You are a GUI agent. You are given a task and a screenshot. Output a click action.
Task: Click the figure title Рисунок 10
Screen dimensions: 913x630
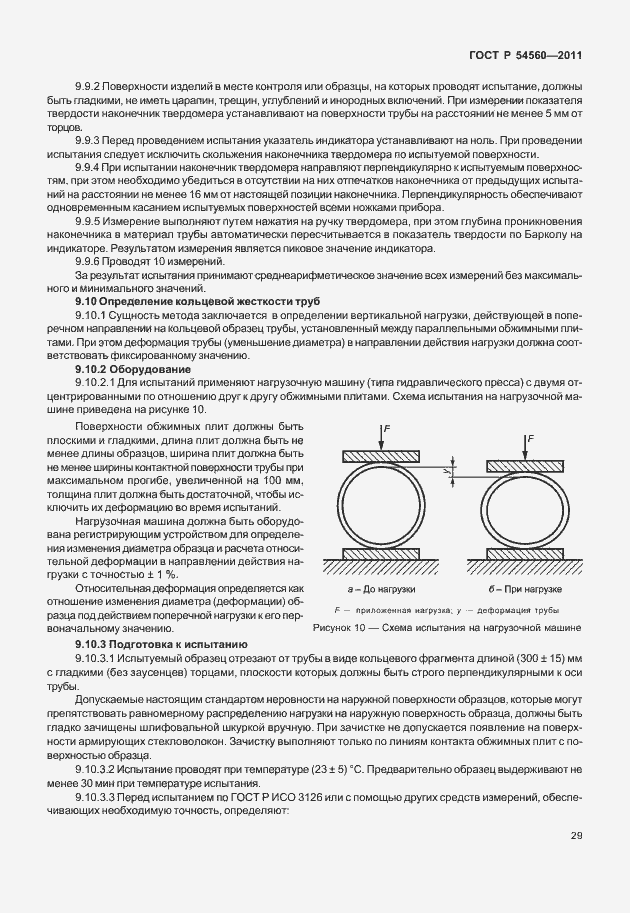(x=447, y=627)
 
